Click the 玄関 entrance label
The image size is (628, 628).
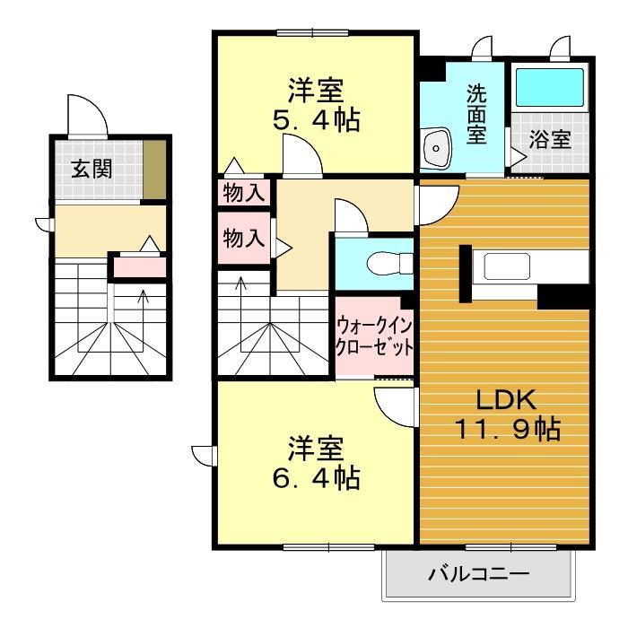tap(92, 169)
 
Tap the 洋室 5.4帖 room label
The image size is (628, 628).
tap(316, 105)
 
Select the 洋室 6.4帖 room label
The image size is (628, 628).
tap(316, 462)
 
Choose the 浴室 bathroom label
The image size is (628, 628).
tap(549, 140)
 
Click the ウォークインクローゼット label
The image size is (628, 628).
tap(374, 335)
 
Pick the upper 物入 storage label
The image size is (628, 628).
tap(244, 192)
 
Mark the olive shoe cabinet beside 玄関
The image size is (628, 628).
tap(156, 170)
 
